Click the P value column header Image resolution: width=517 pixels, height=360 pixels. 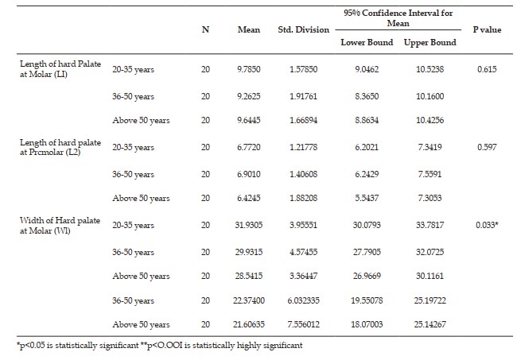pyautogui.click(x=487, y=29)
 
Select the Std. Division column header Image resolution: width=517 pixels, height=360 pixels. pyautogui.click(x=303, y=29)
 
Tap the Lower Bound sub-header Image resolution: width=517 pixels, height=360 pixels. pyautogui.click(x=367, y=42)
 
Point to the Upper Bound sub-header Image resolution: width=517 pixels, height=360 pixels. pyautogui.click(x=430, y=43)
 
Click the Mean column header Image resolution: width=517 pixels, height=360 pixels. pyautogui.click(x=249, y=29)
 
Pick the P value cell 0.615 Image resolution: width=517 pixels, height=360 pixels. pyautogui.click(x=487, y=69)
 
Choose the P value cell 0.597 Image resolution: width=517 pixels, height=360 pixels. pyautogui.click(x=487, y=147)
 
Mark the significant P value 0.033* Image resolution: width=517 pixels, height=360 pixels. pyautogui.click(x=487, y=225)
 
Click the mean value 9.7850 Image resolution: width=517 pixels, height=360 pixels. pyautogui.click(x=249, y=69)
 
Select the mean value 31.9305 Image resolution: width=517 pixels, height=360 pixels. pyautogui.click(x=249, y=225)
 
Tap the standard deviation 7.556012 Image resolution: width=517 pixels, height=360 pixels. pyautogui.click(x=303, y=324)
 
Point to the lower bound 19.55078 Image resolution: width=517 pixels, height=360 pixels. pyautogui.click(x=367, y=300)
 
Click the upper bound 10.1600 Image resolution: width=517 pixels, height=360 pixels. pyautogui.click(x=430, y=96)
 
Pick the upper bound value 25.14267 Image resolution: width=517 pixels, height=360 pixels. pyautogui.click(x=430, y=324)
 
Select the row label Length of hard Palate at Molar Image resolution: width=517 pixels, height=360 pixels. pyautogui.click(x=60, y=69)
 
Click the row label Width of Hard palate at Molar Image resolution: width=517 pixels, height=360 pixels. pyautogui.click(x=60, y=225)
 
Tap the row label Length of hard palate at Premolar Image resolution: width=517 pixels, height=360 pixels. pyautogui.click(x=60, y=147)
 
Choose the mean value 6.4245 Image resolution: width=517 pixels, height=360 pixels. pyautogui.click(x=249, y=198)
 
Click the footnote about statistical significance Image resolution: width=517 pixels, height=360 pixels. pyautogui.click(x=159, y=346)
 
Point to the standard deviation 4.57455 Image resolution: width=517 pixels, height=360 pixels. pyautogui.click(x=303, y=252)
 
